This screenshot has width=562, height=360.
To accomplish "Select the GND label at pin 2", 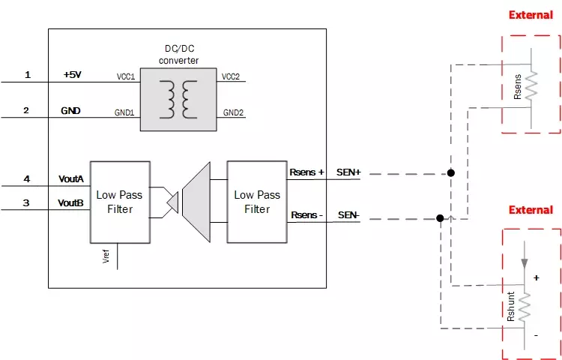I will [x=71, y=111].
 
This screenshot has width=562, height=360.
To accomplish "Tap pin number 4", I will [x=27, y=179].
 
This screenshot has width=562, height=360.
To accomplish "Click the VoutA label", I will [x=71, y=179].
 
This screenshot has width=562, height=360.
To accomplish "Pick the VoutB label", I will [x=71, y=203].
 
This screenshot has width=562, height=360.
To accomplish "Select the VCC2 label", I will [x=230, y=76].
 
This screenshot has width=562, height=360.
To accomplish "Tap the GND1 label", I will [x=124, y=112].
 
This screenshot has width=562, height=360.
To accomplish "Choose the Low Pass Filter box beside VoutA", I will [x=120, y=202].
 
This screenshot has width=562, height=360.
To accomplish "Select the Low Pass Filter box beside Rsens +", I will [x=257, y=202].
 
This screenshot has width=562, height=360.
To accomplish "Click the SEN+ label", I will [x=349, y=172].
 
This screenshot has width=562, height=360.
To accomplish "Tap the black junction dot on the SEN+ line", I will [x=451, y=173].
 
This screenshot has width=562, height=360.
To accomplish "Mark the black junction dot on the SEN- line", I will [x=440, y=219].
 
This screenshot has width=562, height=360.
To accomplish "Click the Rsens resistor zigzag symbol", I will [x=531, y=86].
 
